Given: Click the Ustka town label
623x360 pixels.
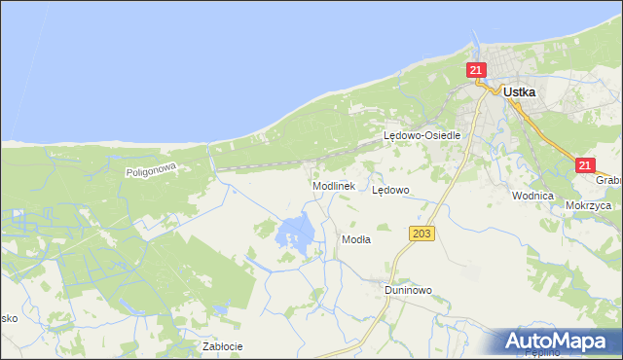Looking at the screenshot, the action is tap(522, 91).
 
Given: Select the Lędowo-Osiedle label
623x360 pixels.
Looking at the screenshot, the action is tap(421, 136).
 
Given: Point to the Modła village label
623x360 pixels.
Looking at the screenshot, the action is tap(355, 238).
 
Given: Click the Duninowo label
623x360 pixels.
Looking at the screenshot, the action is tap(407, 290).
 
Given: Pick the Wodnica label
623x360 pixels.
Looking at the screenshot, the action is tap(532, 196).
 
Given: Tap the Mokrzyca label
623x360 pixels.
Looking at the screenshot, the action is tap(587, 206).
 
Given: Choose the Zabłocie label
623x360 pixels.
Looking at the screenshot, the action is tap(221, 345).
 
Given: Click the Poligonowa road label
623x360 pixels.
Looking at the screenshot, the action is tap(149, 170).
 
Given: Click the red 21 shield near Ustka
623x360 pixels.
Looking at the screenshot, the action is tap(476, 70).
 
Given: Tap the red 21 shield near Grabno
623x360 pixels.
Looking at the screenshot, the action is tap(584, 165).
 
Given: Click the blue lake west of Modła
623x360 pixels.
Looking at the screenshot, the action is tap(296, 232).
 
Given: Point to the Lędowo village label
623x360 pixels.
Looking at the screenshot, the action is tap(390, 190).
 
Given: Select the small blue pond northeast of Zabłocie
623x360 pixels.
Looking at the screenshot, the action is tap(222, 310).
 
